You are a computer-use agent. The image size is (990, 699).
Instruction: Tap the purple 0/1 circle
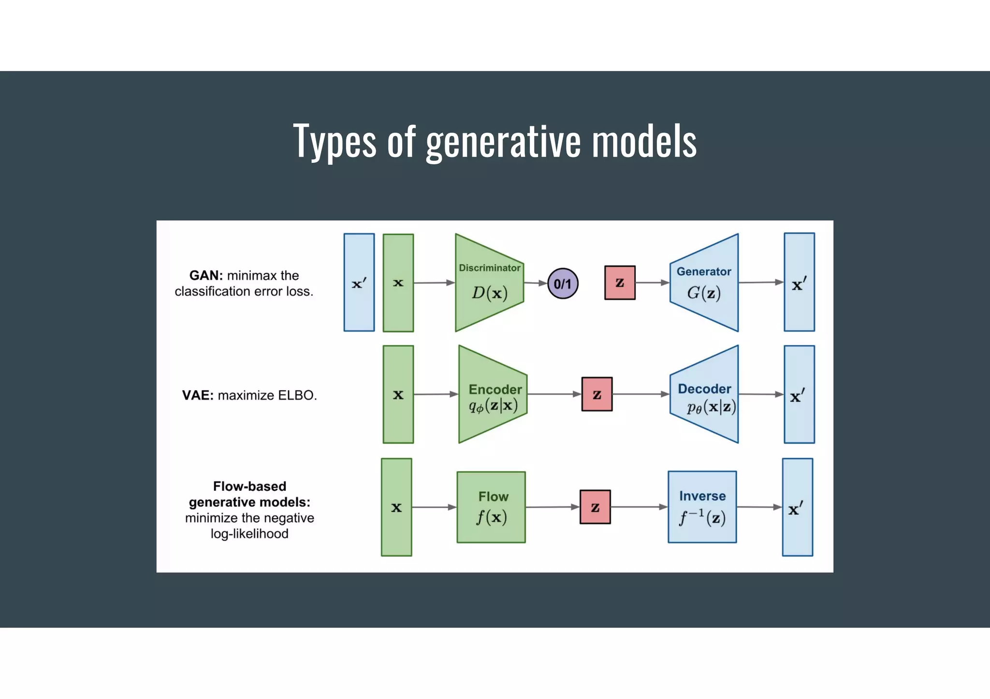[562, 284]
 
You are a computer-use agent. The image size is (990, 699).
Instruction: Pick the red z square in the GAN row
[620, 283]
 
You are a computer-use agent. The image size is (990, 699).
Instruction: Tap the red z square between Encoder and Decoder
[597, 394]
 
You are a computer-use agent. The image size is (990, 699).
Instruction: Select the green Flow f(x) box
[491, 507]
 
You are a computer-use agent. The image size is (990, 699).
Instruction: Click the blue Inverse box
[702, 507]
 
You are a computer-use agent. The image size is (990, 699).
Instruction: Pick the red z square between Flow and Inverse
[595, 507]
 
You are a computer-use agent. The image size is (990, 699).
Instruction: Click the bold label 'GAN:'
[206, 275]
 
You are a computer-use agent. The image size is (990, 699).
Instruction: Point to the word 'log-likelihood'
[249, 534]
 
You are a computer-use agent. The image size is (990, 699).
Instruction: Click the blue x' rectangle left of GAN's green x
[359, 283]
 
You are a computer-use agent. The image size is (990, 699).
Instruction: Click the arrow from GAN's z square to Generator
[652, 283]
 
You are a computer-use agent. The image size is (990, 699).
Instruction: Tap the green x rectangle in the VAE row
[398, 395]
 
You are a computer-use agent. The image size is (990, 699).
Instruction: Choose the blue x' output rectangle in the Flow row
[797, 507]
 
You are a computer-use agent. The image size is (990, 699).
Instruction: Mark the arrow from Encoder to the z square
[554, 394]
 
